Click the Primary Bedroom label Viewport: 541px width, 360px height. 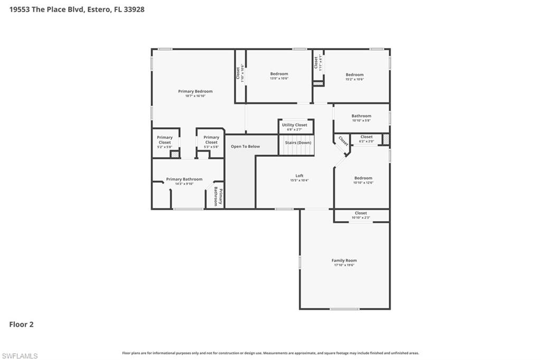[195, 91]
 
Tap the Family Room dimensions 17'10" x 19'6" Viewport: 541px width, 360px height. [344, 265]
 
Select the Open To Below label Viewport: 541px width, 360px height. [245, 146]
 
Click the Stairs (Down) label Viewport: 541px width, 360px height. [298, 143]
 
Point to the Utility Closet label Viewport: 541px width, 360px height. [295, 125]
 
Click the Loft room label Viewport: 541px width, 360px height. [299, 176]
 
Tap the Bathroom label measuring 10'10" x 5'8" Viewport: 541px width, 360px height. [361, 116]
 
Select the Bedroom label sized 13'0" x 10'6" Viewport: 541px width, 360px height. [279, 74]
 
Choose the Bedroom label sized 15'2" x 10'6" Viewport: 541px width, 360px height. [355, 75]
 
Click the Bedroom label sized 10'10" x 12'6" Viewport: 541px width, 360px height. [363, 178]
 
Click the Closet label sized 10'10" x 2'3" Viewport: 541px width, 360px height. [361, 213]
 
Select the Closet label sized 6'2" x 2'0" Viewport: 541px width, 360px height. [366, 137]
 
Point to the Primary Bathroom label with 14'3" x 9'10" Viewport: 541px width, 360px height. [184, 179]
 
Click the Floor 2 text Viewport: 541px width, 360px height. [21, 325]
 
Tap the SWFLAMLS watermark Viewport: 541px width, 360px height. [20, 356]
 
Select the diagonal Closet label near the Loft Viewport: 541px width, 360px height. [343, 141]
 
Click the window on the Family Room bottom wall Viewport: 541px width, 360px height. [344, 309]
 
